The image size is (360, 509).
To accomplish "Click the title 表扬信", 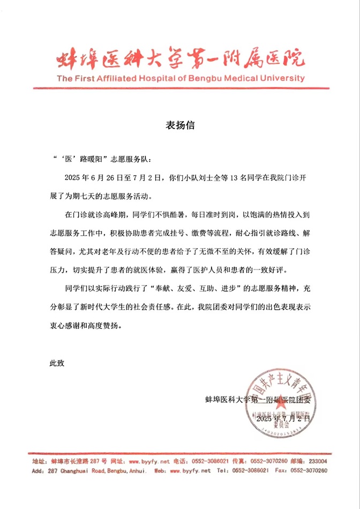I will point(179,126).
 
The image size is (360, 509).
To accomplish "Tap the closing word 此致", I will point(56,363).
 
